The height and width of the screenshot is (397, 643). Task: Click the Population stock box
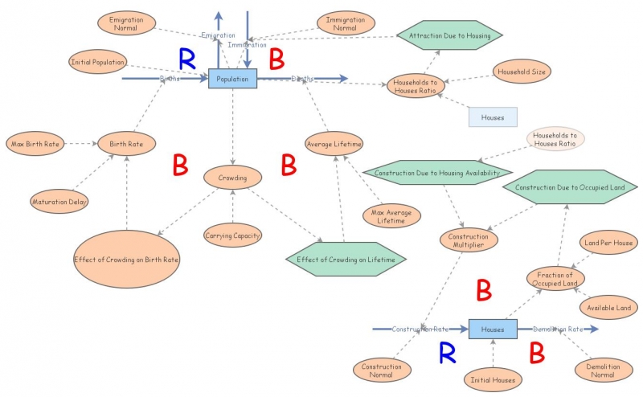click(233, 79)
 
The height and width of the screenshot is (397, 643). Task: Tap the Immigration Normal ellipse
click(345, 23)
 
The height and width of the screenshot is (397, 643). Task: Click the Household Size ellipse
click(522, 72)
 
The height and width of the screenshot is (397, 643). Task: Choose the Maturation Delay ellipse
click(59, 200)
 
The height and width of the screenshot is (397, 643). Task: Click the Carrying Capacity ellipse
click(232, 235)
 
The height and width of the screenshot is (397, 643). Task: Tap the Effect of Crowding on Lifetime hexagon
click(346, 259)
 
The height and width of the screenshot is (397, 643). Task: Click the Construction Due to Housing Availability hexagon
click(436, 173)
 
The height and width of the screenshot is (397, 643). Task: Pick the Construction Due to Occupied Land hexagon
click(570, 187)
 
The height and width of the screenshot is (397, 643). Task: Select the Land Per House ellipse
click(608, 243)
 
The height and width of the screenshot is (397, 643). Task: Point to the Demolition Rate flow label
click(558, 329)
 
